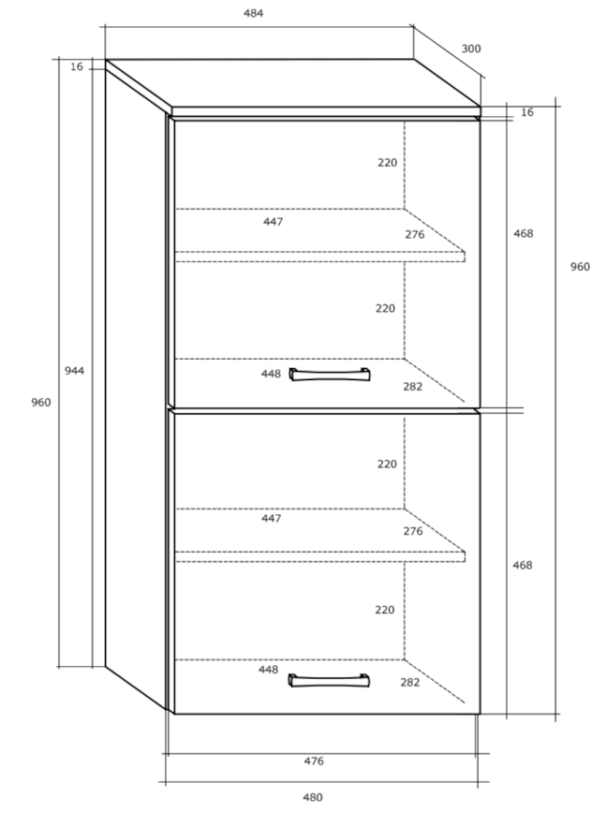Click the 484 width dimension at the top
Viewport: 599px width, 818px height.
(x=253, y=13)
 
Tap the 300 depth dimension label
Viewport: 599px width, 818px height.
(x=471, y=49)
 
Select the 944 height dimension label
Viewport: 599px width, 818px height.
(x=75, y=371)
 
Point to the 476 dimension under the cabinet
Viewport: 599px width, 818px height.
(x=314, y=761)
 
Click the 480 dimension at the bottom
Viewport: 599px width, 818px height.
(x=313, y=797)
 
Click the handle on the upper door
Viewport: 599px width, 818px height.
(x=330, y=374)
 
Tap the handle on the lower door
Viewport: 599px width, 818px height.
(x=329, y=680)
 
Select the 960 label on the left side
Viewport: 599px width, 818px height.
(x=41, y=402)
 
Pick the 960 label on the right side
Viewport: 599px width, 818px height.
(x=580, y=267)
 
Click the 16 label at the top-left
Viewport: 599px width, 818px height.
(x=76, y=67)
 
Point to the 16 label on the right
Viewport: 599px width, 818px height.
(x=527, y=112)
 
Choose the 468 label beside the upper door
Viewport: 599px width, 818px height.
(x=523, y=233)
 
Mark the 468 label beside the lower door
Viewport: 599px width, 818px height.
(x=522, y=565)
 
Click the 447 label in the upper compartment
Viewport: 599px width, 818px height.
(x=273, y=222)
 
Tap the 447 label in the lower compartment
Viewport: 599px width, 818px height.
(x=271, y=518)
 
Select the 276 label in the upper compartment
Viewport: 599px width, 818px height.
(x=415, y=234)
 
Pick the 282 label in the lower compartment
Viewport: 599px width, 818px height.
(x=410, y=682)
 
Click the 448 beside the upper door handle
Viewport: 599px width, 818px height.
(x=271, y=374)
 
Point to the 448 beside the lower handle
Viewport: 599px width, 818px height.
(x=268, y=669)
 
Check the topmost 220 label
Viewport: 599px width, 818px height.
(x=387, y=163)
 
